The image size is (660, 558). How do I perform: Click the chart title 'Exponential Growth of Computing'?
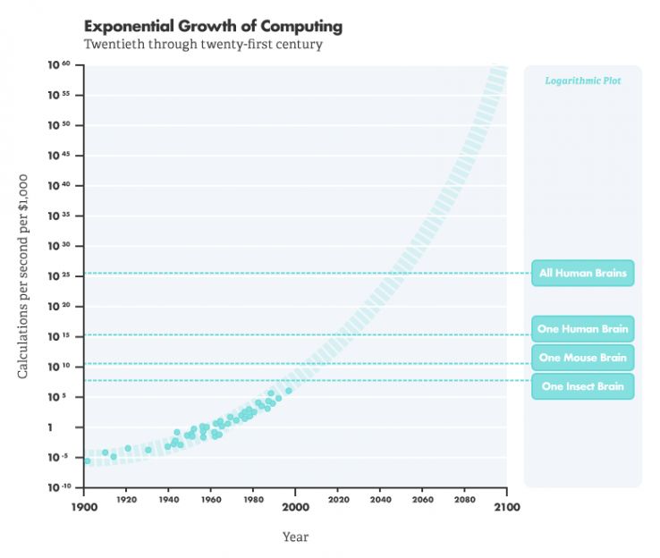coord(213,27)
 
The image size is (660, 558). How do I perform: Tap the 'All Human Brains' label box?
coord(582,273)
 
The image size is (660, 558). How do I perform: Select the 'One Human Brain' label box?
coord(582,329)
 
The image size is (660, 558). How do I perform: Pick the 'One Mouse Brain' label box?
coord(582,358)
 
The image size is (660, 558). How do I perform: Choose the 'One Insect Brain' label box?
coord(582,386)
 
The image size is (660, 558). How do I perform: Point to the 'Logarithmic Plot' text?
coord(582,80)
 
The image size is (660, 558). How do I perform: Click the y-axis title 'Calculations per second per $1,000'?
coord(24,276)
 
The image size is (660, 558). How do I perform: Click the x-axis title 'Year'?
coord(295,537)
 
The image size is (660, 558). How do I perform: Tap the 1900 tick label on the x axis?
coord(84,505)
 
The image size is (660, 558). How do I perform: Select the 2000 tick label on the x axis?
coord(296,505)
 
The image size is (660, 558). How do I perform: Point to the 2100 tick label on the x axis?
coord(506,505)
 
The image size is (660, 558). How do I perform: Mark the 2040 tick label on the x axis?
coord(380,505)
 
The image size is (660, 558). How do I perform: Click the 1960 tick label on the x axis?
coord(211,505)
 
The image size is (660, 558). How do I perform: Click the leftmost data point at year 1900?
coord(87,461)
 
